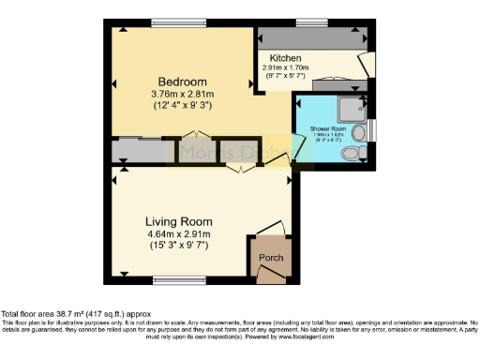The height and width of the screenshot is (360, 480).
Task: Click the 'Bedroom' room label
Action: (x=177, y=80)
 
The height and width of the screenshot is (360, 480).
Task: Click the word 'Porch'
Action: (x=270, y=258)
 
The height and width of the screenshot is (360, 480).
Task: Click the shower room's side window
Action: (x=372, y=129)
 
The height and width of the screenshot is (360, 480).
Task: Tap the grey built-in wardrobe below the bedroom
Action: (x=137, y=152)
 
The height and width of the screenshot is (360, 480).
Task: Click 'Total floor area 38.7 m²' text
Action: (x=75, y=313)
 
